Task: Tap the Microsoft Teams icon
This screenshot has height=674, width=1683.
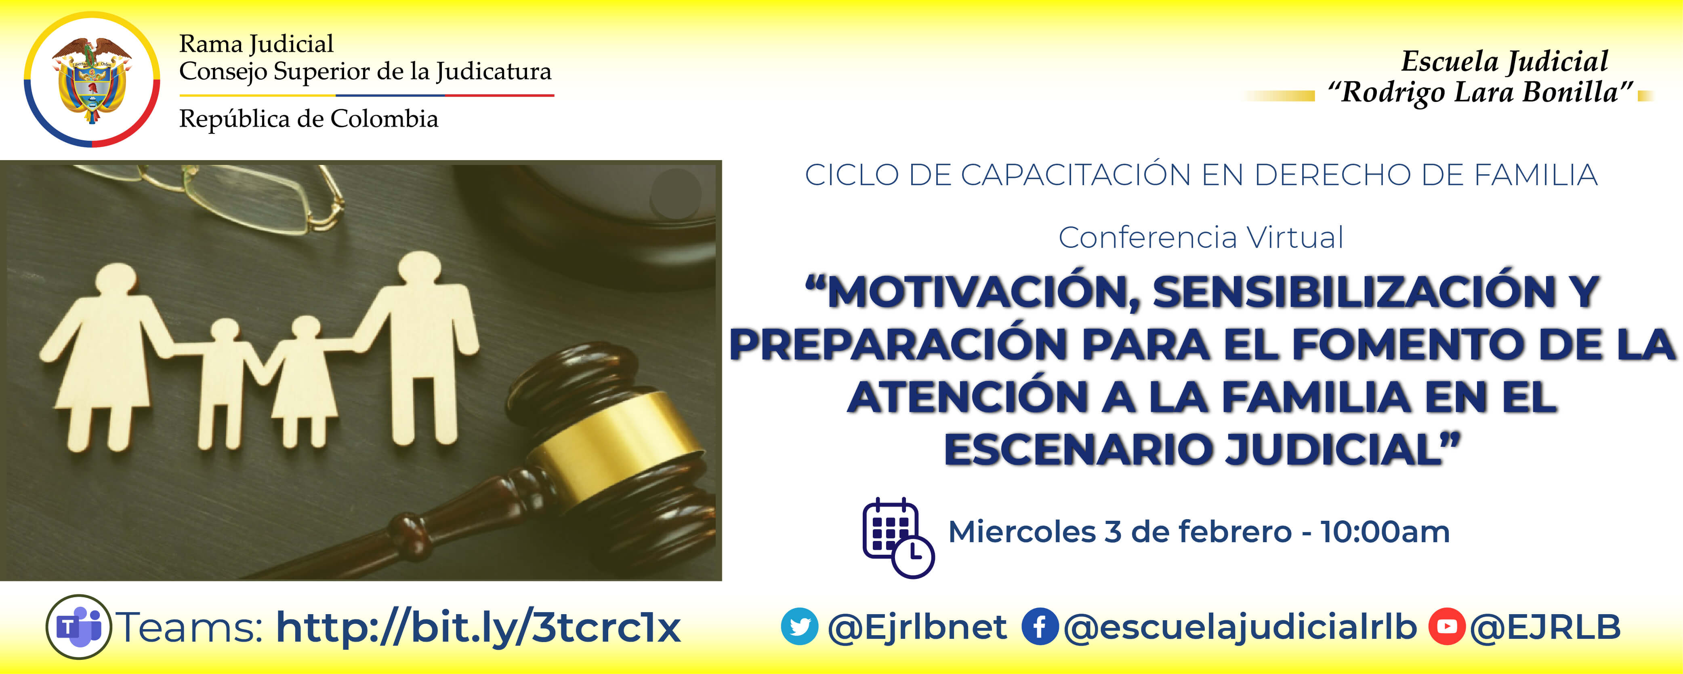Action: pyautogui.click(x=78, y=626)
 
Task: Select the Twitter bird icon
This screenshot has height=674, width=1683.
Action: pyautogui.click(x=799, y=626)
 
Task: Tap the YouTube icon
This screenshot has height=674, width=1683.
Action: pyautogui.click(x=1446, y=626)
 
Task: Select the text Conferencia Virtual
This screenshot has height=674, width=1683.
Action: pyautogui.click(x=1201, y=237)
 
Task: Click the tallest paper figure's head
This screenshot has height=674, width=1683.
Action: pyautogui.click(x=420, y=268)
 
